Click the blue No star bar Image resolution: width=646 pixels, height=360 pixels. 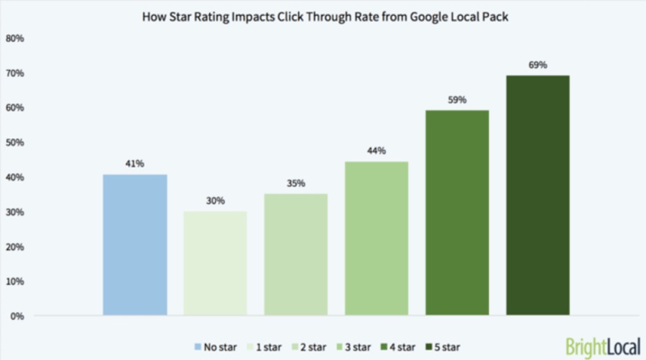[x=135, y=245]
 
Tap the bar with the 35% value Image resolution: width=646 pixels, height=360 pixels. [x=296, y=254]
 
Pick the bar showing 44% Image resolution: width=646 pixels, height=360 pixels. [x=377, y=238]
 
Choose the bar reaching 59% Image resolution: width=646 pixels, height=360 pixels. [x=457, y=213]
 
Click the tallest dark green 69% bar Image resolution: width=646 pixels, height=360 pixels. [x=537, y=195]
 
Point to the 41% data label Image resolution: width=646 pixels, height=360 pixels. [x=135, y=163]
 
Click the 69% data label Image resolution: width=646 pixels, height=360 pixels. [x=537, y=65]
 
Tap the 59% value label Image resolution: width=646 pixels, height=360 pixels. [x=457, y=100]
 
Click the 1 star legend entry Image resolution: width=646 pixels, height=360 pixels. [x=263, y=347]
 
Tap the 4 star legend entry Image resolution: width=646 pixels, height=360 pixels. [x=398, y=347]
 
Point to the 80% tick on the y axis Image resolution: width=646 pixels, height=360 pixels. [x=14, y=38]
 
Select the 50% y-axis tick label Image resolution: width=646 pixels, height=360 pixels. [x=14, y=143]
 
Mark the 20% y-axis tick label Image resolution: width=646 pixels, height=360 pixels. [x=14, y=247]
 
